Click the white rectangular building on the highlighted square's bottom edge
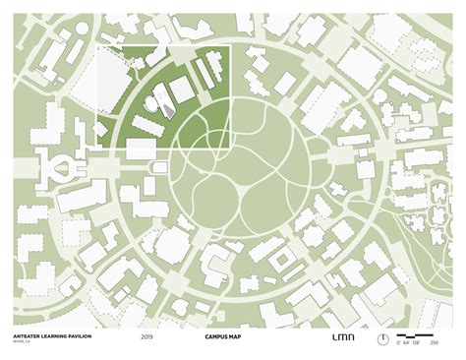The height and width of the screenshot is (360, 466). point(141,149)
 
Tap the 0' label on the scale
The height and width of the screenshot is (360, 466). point(398,343)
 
